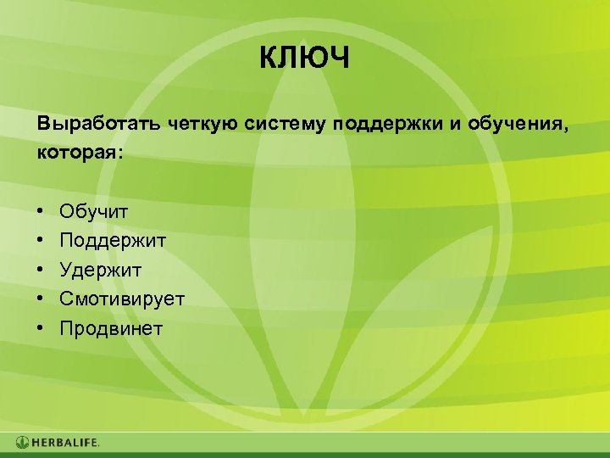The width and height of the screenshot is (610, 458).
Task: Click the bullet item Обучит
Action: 94,209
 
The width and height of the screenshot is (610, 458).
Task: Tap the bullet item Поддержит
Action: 113,240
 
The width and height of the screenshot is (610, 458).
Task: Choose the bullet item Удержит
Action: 100,270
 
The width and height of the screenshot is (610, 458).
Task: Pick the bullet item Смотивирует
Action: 122,299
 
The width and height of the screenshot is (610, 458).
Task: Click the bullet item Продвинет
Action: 111,328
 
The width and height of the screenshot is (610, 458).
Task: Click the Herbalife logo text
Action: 66,443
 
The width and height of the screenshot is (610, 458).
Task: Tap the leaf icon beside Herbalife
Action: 23,443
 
